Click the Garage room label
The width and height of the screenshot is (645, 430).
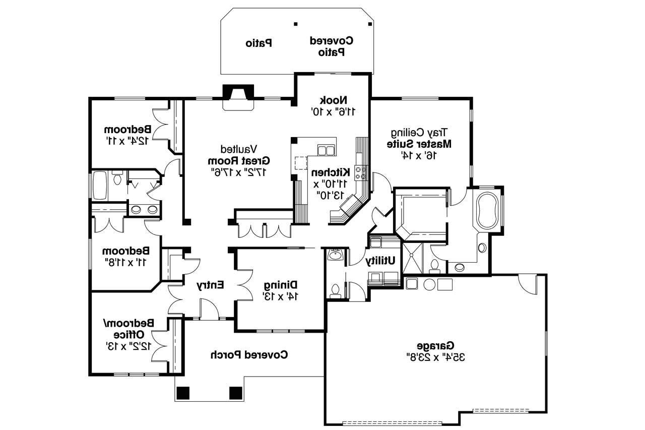tap(435, 346)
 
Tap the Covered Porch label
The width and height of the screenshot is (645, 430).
tap(249, 354)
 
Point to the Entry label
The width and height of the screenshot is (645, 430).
tap(210, 285)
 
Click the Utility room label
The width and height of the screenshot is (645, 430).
tap(380, 261)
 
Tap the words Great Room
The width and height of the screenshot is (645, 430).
tap(239, 160)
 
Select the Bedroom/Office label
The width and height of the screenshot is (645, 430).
tap(128, 328)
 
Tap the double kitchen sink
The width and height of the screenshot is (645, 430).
tap(326, 150)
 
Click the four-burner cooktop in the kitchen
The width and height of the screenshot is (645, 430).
tap(361, 173)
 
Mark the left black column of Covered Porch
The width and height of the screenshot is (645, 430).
tap(182, 392)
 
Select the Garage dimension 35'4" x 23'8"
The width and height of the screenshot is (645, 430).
tap(435, 357)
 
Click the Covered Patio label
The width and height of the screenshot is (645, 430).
tap(331, 45)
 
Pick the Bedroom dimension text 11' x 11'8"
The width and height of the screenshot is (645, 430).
tap(125, 262)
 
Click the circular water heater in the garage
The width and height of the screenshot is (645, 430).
tap(429, 284)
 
